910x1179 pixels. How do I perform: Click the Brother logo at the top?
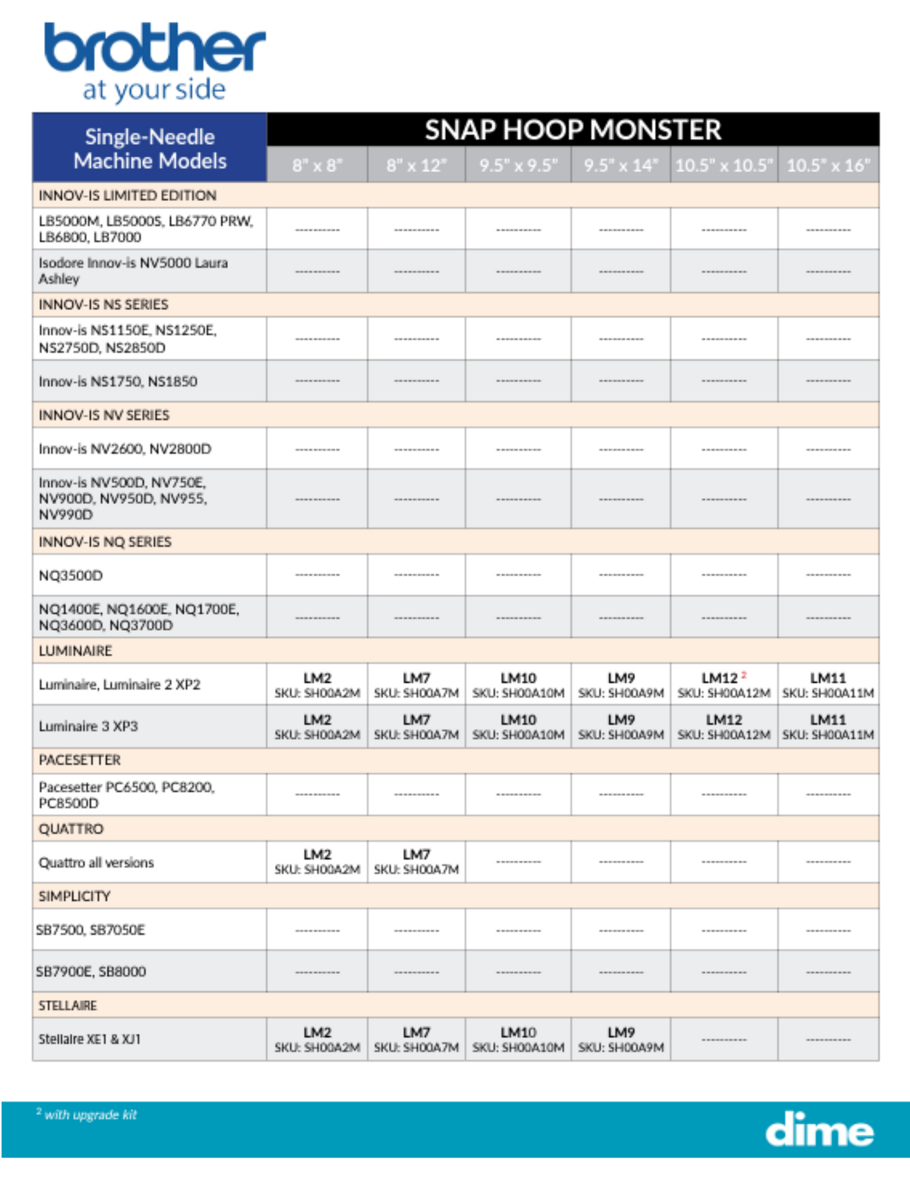point(154,62)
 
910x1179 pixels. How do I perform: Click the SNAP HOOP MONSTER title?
point(572,130)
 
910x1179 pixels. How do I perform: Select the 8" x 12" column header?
point(416,165)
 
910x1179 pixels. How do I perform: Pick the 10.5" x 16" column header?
point(828,165)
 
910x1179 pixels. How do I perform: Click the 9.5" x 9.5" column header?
point(518,165)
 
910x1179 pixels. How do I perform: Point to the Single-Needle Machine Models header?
point(150,149)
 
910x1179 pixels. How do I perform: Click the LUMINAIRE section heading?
point(76,651)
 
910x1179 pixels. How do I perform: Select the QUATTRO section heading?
point(71,829)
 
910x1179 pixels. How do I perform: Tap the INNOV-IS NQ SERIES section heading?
point(105,542)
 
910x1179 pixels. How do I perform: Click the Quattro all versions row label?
point(96,863)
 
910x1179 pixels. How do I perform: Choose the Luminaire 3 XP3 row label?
point(88,727)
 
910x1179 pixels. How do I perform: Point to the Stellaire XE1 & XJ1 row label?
point(89,1039)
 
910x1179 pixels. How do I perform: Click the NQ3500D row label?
point(71,575)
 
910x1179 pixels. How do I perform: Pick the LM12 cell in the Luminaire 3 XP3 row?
point(724,727)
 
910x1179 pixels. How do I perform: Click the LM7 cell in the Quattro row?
point(416,861)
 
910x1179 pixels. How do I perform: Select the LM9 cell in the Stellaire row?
point(621,1039)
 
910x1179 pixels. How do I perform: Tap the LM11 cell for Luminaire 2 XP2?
point(828,685)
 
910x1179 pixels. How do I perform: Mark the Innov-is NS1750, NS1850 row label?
point(118,381)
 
